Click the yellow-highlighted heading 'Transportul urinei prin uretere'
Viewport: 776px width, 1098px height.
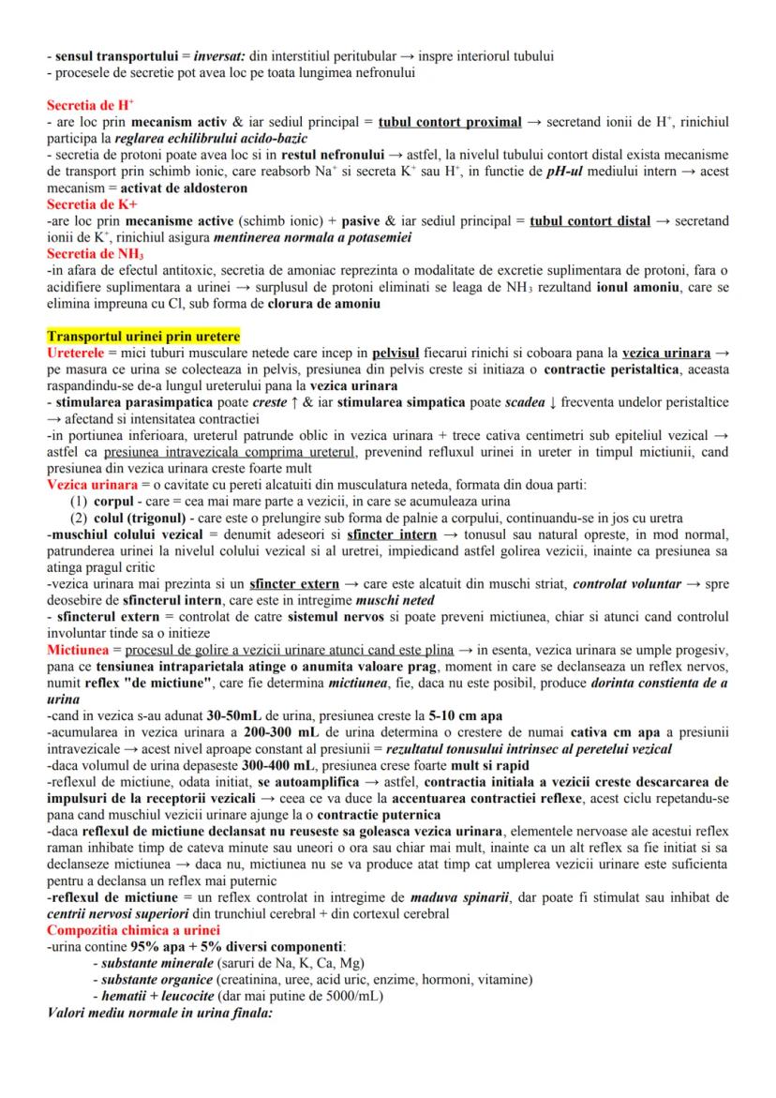[143, 337]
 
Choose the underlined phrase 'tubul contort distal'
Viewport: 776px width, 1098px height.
[589, 221]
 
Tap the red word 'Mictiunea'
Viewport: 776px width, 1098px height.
[79, 650]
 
